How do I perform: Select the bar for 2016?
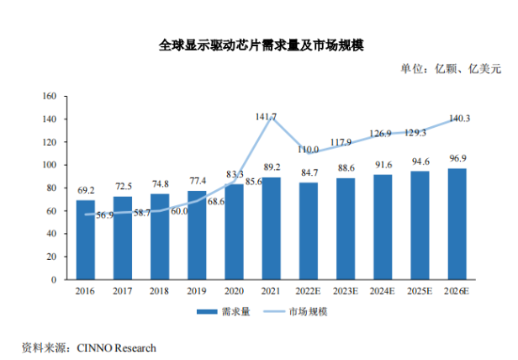pos(86,239)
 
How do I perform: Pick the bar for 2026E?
pos(457,224)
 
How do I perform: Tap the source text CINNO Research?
pos(117,347)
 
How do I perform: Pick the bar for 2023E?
pos(346,228)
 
